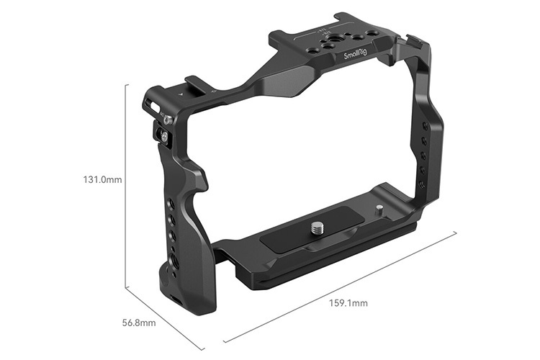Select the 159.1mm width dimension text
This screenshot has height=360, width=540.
pyautogui.click(x=349, y=303)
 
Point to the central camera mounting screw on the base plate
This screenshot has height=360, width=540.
pyautogui.click(x=317, y=229)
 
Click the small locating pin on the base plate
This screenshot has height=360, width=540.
pyautogui.click(x=379, y=211)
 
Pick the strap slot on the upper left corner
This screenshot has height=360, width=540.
pyautogui.click(x=152, y=104)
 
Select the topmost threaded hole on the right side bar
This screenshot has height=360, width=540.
pyautogui.click(x=424, y=126)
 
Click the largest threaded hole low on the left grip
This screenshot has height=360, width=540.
pyautogui.click(x=175, y=258)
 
